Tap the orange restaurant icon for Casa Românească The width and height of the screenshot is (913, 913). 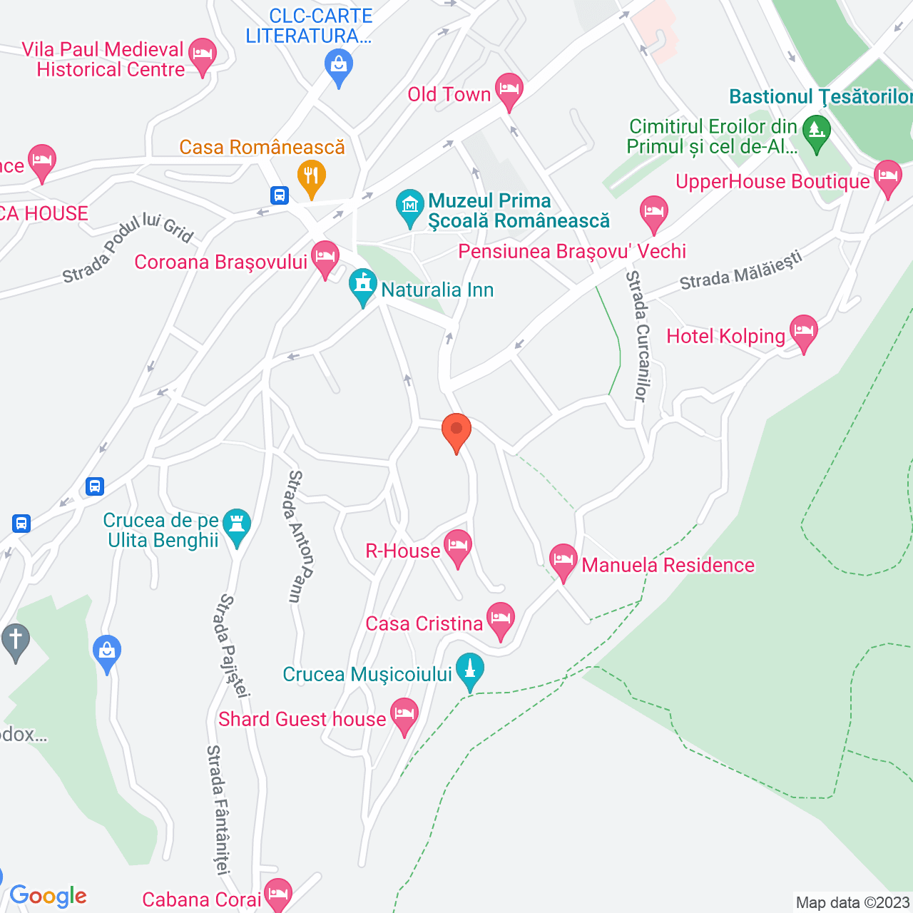pyautogui.click(x=311, y=175)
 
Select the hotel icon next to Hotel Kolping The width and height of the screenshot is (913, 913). pyautogui.click(x=803, y=331)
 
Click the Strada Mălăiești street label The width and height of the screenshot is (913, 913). pyautogui.click(x=740, y=271)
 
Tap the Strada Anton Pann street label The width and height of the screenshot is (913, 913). pyautogui.click(x=300, y=536)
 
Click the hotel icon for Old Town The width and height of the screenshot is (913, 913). pyautogui.click(x=509, y=90)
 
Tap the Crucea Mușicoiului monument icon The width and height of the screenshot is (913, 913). pyautogui.click(x=469, y=670)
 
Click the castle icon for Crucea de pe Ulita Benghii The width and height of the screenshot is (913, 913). pyautogui.click(x=237, y=525)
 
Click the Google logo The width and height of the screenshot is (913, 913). pyautogui.click(x=49, y=896)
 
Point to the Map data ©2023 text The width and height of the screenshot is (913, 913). pyautogui.click(x=852, y=902)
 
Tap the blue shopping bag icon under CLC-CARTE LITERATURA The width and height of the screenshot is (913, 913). pyautogui.click(x=339, y=67)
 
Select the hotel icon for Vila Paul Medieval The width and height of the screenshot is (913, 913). pyautogui.click(x=203, y=54)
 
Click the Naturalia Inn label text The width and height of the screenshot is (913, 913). pyautogui.click(x=437, y=290)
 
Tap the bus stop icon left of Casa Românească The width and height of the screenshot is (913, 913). pyautogui.click(x=280, y=195)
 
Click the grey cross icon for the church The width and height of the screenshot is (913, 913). pyautogui.click(x=16, y=640)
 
